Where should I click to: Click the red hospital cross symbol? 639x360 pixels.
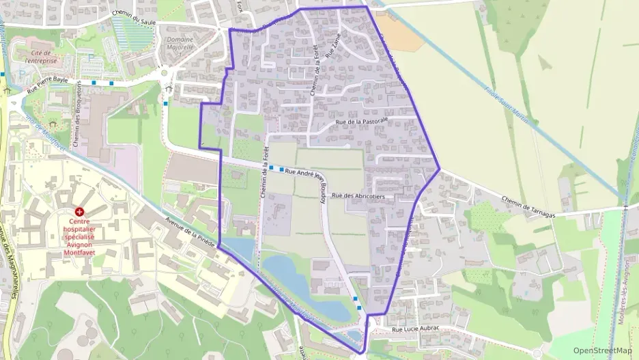click(x=80, y=213)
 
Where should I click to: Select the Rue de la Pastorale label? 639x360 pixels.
click(x=362, y=121)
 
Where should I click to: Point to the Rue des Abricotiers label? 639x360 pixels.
click(x=358, y=196)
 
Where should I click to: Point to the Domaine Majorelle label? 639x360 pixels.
click(x=180, y=44)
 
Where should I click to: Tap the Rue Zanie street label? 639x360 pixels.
click(x=334, y=47)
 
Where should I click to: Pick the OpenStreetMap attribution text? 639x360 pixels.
click(x=603, y=351)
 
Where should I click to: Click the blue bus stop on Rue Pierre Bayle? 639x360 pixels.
click(x=111, y=83)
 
